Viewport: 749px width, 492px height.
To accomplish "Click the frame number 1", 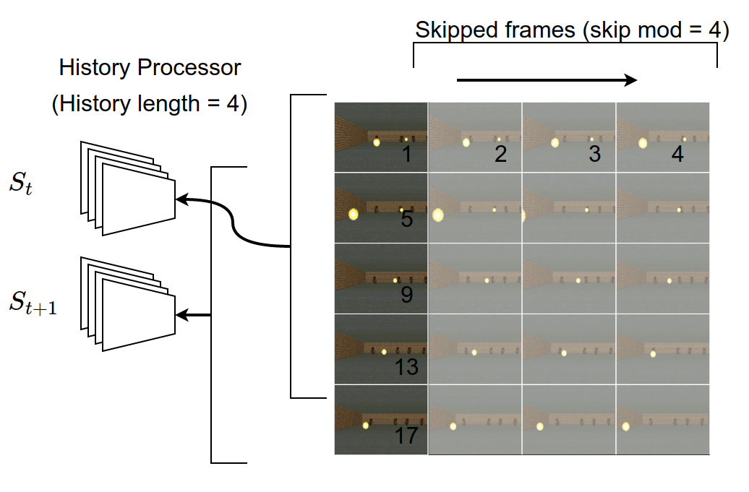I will (x=407, y=153).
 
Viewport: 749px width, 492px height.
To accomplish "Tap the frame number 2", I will (x=500, y=153).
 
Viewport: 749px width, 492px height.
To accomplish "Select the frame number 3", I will (x=594, y=153).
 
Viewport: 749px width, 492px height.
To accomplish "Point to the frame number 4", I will (x=677, y=153).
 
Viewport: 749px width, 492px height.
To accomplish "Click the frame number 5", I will (x=407, y=219).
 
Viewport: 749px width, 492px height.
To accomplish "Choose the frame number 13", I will (x=407, y=367).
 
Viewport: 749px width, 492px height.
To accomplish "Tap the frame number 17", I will (x=407, y=436).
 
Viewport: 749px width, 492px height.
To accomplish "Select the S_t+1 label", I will (x=33, y=303).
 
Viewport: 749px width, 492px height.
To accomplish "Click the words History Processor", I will (x=150, y=69).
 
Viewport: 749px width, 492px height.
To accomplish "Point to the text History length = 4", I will (x=150, y=104).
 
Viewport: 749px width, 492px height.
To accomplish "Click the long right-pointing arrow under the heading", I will (x=547, y=79).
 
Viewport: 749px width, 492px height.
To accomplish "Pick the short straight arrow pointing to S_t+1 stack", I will (x=194, y=315).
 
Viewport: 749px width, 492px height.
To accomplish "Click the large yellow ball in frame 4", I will (x=643, y=143).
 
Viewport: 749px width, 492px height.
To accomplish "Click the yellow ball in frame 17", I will (x=366, y=426).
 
